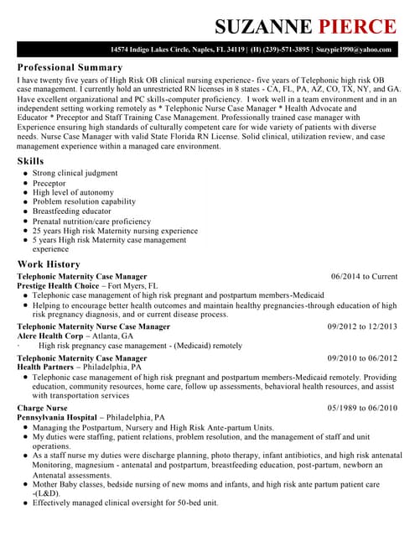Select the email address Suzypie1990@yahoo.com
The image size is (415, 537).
pyautogui.click(x=354, y=50)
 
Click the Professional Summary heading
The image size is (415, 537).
pyautogui.click(x=70, y=67)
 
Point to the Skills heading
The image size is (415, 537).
pyautogui.click(x=31, y=160)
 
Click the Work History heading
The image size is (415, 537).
pyautogui.click(x=49, y=263)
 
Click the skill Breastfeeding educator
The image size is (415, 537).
pyautogui.click(x=72, y=211)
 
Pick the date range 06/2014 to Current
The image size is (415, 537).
pyautogui.click(x=364, y=276)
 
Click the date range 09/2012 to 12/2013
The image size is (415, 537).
pyautogui.click(x=362, y=326)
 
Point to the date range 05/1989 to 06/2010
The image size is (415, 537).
pyautogui.click(x=362, y=408)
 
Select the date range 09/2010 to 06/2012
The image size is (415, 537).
pyautogui.click(x=362, y=357)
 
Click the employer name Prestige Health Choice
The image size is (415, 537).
pyautogui.click(x=58, y=285)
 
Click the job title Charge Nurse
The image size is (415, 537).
pyautogui.click(x=42, y=408)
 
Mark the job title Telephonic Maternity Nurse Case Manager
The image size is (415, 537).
pyautogui.click(x=93, y=326)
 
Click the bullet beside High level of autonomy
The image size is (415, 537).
pyautogui.click(x=26, y=193)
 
